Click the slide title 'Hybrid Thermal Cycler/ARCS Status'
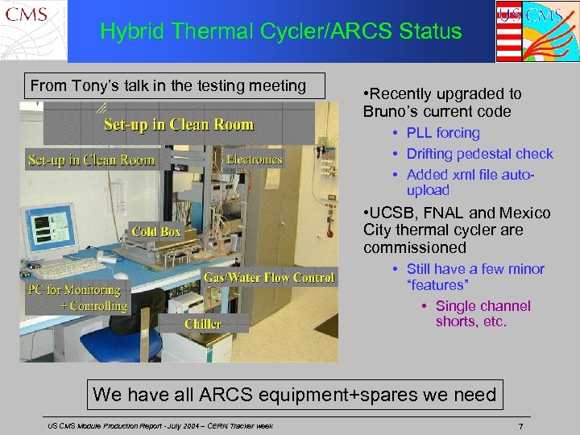281,31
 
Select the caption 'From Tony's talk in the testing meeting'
168,85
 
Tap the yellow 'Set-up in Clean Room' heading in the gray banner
178,125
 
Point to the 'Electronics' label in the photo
255,159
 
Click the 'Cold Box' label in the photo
156,232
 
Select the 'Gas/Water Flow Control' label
268,278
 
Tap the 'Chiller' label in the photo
203,324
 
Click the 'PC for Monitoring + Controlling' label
77,297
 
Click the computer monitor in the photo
52,234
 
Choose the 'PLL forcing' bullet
442,133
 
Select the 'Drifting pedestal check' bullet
479,154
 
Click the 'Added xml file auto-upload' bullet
470,182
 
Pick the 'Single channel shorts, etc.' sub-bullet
483,313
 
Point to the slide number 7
521,425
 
